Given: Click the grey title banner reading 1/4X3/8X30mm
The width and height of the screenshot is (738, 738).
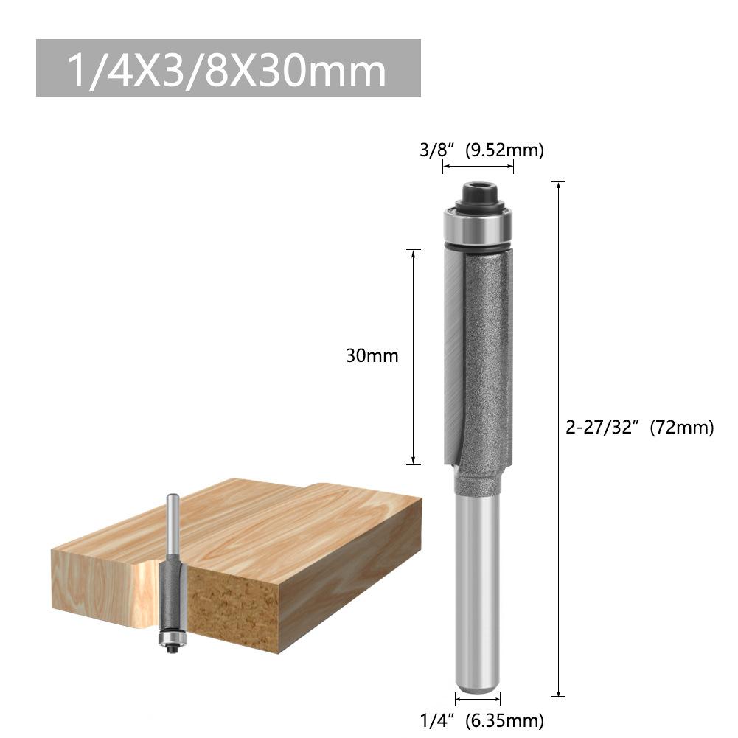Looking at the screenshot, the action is point(229,68).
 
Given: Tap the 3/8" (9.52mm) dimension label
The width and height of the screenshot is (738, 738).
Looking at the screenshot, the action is point(481,150).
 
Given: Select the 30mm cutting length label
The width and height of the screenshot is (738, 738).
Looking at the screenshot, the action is point(372,356).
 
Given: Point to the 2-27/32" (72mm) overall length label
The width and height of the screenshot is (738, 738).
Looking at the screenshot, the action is point(640,428).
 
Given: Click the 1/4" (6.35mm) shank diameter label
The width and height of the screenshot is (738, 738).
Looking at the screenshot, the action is point(481,720).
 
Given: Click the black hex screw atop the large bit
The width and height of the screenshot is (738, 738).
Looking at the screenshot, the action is point(478,193).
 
